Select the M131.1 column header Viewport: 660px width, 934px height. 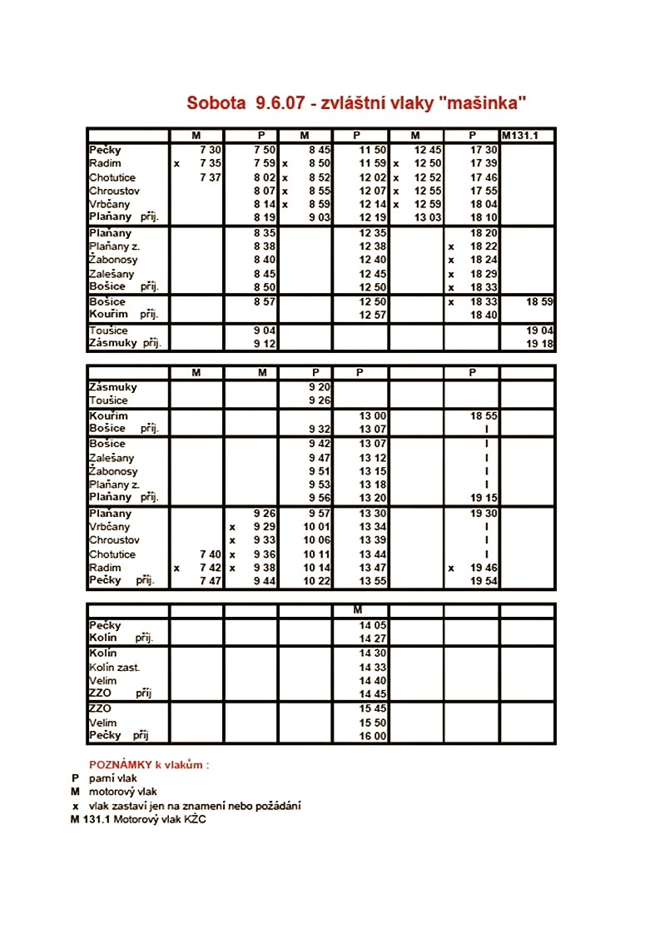coord(519,136)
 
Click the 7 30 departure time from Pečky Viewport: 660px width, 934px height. coord(210,150)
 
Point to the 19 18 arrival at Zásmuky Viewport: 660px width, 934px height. coord(539,343)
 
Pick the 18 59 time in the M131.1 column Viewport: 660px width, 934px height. coord(539,301)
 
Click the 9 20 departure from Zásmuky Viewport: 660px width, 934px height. coord(319,387)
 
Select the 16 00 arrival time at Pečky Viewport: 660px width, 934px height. coord(374,736)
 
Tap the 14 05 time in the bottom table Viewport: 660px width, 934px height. coord(374,625)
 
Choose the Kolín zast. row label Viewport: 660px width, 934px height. coord(115,668)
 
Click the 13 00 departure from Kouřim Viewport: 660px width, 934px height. coord(374,415)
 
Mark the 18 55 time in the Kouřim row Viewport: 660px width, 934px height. coord(484,415)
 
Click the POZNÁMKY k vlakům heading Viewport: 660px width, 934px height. coord(149,764)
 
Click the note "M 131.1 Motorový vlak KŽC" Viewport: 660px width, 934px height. coord(138,819)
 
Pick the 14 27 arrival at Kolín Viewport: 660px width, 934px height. coord(374,638)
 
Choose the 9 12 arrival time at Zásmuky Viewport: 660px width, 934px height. coord(265,343)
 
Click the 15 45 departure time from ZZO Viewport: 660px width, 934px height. coord(374,708)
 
